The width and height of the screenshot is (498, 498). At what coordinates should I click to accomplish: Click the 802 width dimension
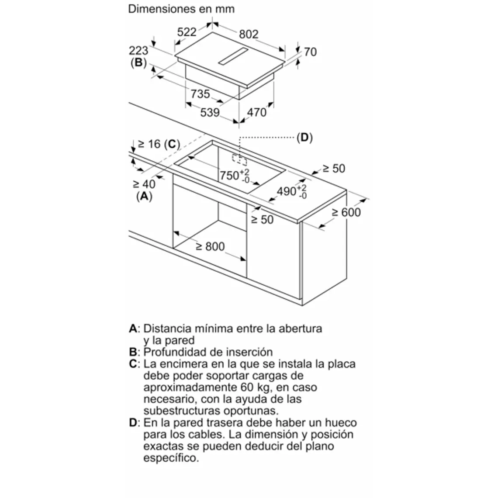tap(249, 34)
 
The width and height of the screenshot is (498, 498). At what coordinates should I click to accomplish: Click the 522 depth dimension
tap(187, 31)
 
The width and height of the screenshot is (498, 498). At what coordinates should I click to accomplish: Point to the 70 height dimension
tap(310, 52)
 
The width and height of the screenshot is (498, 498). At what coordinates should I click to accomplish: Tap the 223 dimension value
tap(138, 51)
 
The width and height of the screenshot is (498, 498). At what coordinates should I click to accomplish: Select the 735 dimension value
tap(200, 94)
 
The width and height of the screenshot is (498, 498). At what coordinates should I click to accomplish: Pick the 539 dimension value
tap(210, 112)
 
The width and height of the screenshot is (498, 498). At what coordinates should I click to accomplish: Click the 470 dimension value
tap(257, 112)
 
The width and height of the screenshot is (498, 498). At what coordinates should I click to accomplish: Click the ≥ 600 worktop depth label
tap(346, 212)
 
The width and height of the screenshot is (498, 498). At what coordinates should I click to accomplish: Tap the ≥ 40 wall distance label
tap(144, 184)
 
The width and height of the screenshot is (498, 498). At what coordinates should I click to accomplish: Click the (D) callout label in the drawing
tap(304, 138)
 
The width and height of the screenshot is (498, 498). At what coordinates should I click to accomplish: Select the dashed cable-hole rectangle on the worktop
tap(239, 159)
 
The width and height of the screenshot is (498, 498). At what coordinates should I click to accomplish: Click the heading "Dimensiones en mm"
tap(181, 9)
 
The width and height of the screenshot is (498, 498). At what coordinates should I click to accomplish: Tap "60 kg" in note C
tap(256, 387)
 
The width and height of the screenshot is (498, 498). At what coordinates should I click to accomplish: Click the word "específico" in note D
tap(170, 458)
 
